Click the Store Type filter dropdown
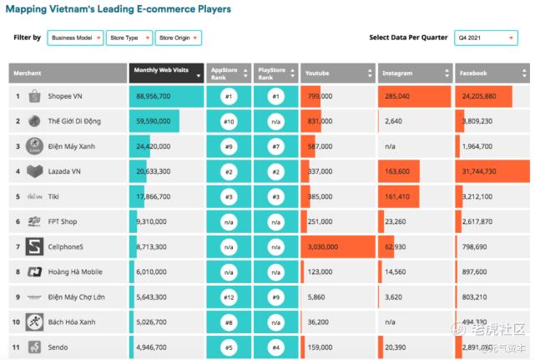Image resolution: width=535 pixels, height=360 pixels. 129,38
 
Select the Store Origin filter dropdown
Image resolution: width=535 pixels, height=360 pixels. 179,38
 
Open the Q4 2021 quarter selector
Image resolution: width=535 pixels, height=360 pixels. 486,38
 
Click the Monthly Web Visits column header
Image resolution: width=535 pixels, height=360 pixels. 167,73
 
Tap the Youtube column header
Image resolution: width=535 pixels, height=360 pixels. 336,73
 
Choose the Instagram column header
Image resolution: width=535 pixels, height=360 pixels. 414,73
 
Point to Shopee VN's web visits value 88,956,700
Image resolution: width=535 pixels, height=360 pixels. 152,97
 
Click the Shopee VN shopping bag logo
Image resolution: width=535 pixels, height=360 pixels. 34,96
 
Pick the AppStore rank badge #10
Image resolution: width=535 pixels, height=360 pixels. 227,122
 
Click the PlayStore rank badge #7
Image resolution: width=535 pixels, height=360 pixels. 275,147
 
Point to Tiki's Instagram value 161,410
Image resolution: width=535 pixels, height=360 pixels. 396,197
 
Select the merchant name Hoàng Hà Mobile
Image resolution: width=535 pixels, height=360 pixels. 75,271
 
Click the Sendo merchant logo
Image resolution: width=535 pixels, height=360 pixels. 34,347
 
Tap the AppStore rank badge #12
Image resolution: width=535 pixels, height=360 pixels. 227,297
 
